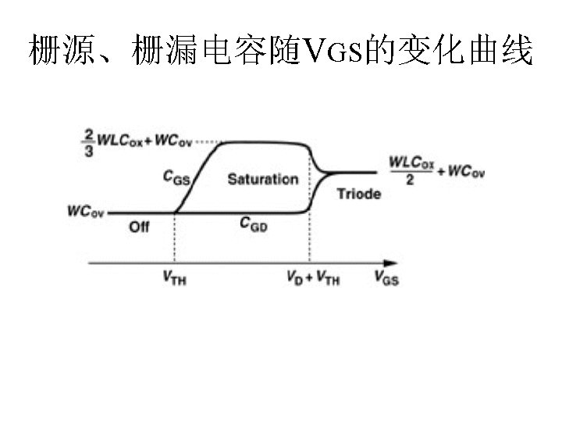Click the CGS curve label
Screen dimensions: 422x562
pos(176,177)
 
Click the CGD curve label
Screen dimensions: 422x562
pos(254,224)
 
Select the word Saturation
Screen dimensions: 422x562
pos(262,179)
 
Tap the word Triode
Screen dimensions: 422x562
pos(358,193)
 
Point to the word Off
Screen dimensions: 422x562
pos(139,227)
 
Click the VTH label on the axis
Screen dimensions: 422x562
pos(174,277)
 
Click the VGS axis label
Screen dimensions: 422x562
pos(386,277)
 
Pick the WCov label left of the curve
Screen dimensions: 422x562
pos(86,211)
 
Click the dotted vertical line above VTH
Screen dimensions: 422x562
pos(173,238)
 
